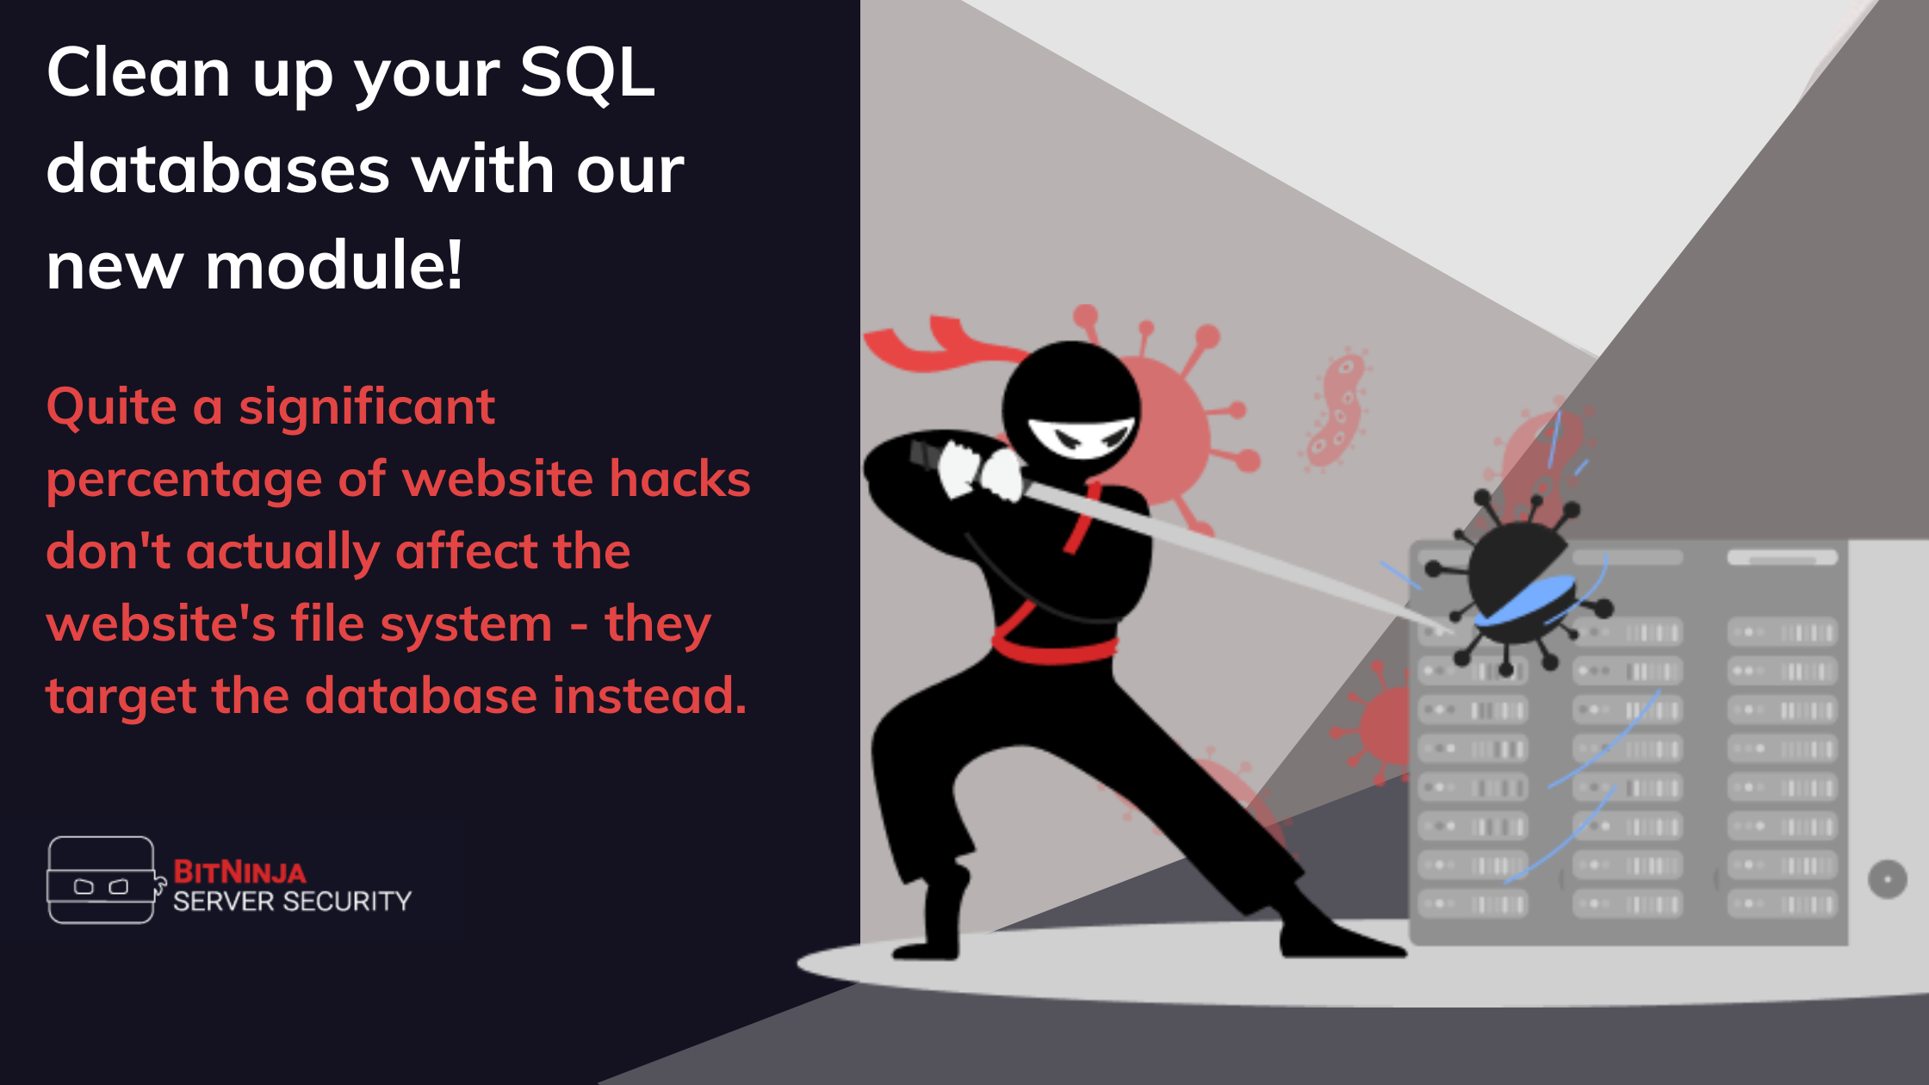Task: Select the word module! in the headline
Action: click(x=334, y=265)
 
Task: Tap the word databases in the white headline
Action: click(x=218, y=169)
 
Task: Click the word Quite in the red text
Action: click(x=112, y=407)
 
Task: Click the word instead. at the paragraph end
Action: click(x=650, y=695)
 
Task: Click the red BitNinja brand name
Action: click(x=239, y=872)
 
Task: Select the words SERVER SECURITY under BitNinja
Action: click(x=292, y=902)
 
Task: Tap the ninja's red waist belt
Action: click(x=1055, y=648)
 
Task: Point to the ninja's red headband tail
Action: click(x=939, y=344)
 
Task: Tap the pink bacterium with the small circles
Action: click(x=1336, y=411)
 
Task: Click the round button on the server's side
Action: click(x=1888, y=879)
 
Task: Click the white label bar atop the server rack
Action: click(x=1782, y=557)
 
